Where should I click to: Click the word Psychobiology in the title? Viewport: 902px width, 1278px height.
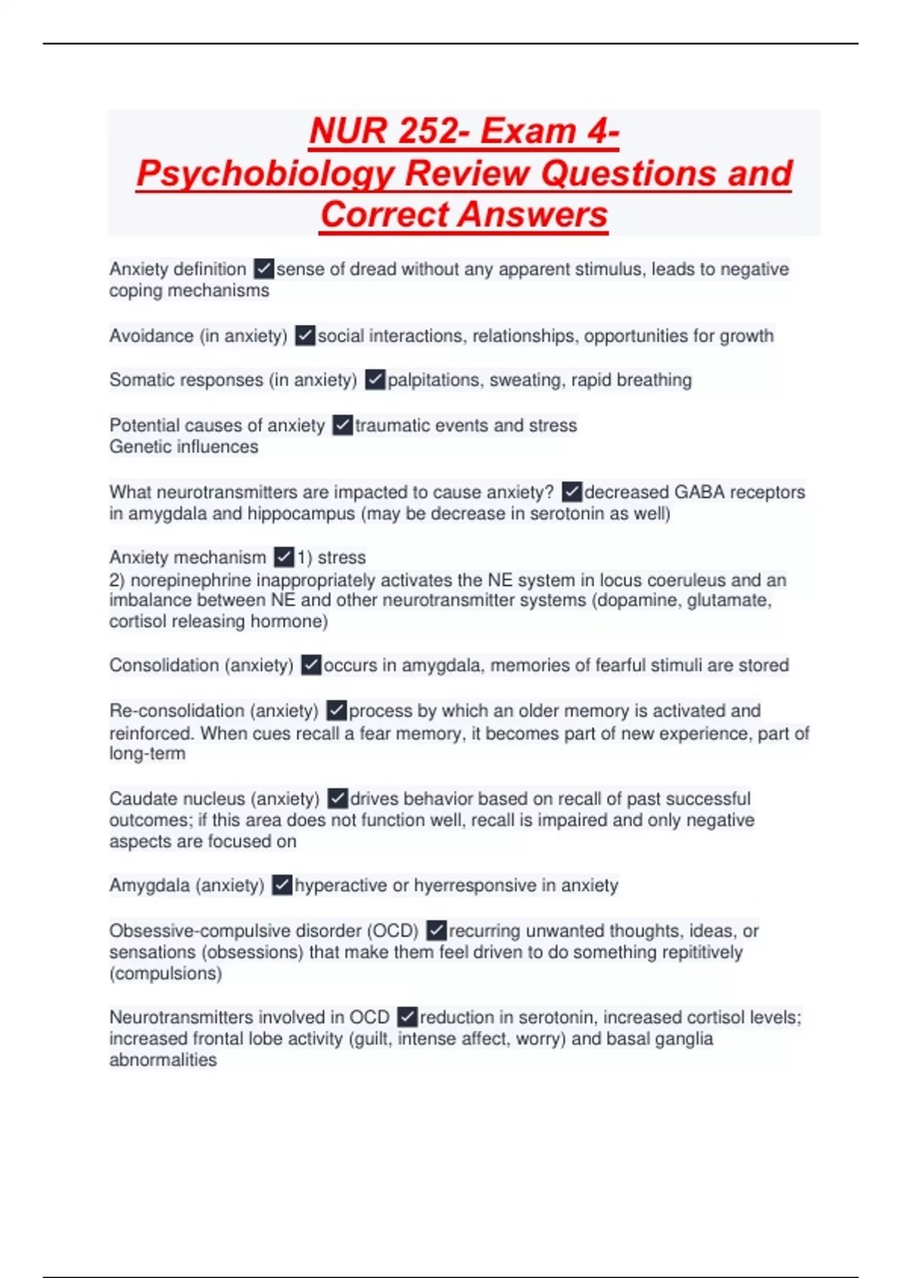click(265, 174)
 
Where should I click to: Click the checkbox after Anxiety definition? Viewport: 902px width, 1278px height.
click(264, 268)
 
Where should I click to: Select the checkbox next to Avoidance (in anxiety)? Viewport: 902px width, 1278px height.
click(305, 335)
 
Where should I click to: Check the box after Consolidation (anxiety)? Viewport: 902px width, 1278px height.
click(311, 665)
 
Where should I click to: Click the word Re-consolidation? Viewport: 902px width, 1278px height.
click(177, 710)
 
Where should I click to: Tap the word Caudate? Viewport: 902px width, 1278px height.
click(140, 798)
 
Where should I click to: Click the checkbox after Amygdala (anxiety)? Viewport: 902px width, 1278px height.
click(282, 885)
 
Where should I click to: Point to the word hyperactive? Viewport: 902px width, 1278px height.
click(341, 886)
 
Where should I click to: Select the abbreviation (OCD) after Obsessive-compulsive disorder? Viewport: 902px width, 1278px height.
click(392, 931)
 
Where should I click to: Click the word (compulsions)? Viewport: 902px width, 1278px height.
click(165, 974)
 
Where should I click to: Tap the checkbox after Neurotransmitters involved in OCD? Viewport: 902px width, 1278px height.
click(407, 1017)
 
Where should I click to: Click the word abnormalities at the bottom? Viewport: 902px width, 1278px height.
click(163, 1060)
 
